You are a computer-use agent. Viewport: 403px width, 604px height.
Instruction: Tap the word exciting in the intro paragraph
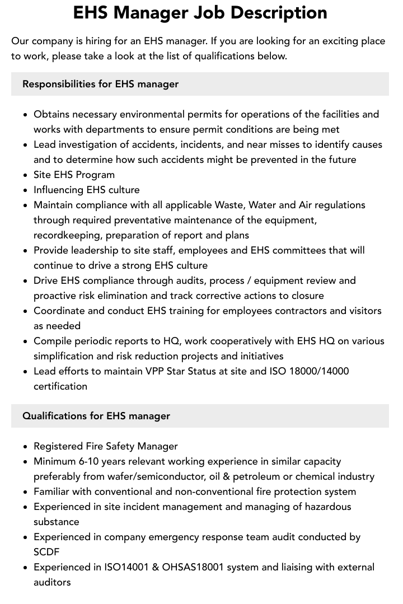tap(325, 41)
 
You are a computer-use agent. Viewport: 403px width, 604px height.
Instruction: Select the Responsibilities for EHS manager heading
tap(100, 84)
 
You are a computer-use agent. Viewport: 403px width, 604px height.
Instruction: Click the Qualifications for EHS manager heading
tap(96, 416)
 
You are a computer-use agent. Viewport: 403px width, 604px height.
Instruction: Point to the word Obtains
tap(51, 114)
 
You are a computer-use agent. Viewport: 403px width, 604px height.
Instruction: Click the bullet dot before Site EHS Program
tap(25, 175)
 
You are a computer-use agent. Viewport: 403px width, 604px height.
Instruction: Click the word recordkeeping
tap(68, 235)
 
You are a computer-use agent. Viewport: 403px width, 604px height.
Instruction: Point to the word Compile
tap(51, 341)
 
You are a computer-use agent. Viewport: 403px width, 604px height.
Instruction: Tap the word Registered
tap(58, 446)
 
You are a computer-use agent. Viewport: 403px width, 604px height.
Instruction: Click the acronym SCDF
tap(46, 552)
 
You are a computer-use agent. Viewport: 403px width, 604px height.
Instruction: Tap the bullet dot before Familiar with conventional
tap(25, 492)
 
